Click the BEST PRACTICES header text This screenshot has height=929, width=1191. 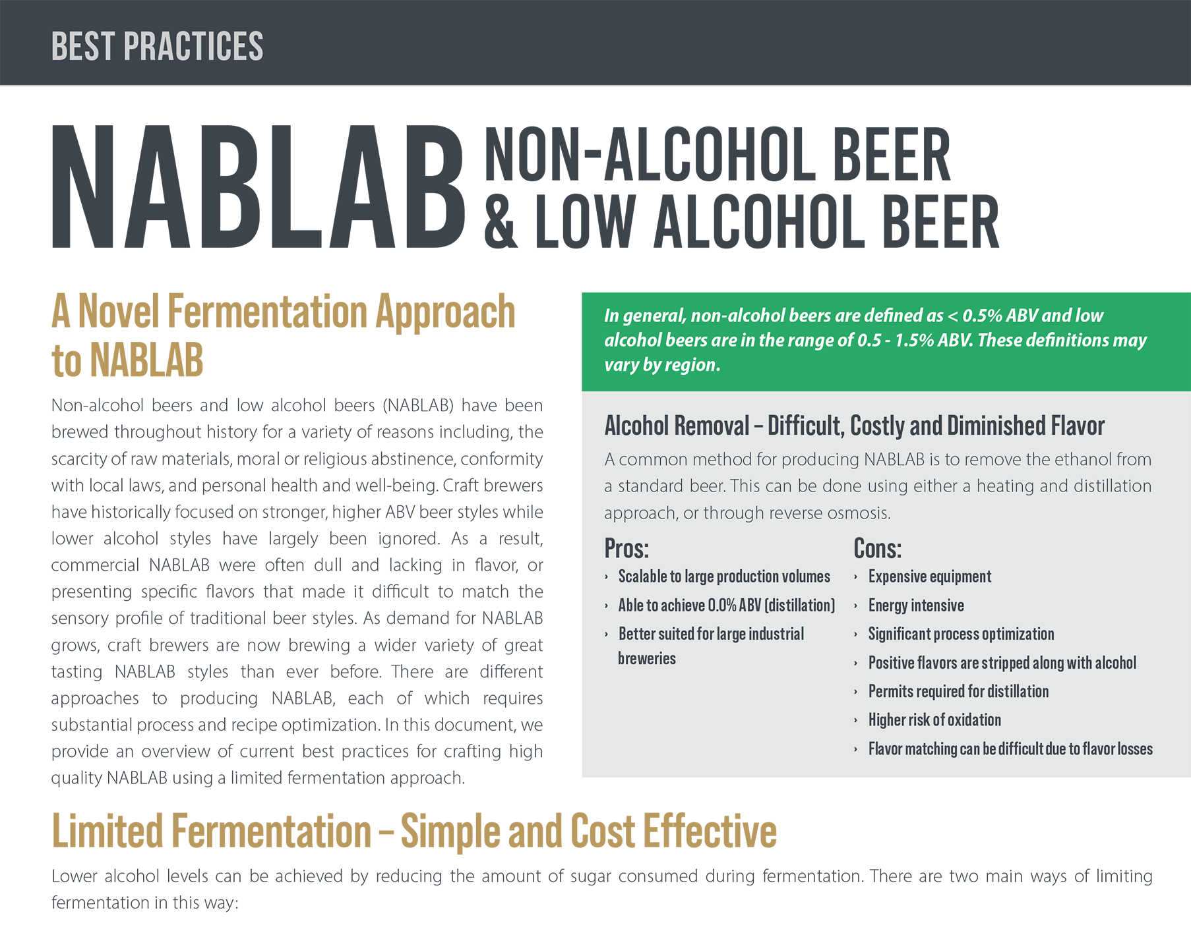157,47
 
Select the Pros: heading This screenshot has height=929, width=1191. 626,549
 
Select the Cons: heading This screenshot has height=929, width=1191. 877,549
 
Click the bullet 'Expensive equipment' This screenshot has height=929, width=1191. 929,577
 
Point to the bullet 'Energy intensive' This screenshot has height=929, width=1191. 916,605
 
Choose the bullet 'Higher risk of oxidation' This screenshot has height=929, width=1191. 934,720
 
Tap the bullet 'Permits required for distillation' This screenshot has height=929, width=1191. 958,692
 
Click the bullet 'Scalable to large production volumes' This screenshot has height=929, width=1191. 724,577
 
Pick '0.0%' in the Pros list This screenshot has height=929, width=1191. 722,605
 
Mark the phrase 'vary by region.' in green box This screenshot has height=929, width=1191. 662,365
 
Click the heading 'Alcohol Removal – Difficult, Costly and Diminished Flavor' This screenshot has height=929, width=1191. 855,426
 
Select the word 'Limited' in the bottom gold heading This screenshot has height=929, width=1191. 107,831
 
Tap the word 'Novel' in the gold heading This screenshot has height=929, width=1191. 119,312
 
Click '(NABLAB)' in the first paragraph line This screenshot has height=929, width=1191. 418,406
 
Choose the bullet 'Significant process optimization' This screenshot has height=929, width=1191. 961,634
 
